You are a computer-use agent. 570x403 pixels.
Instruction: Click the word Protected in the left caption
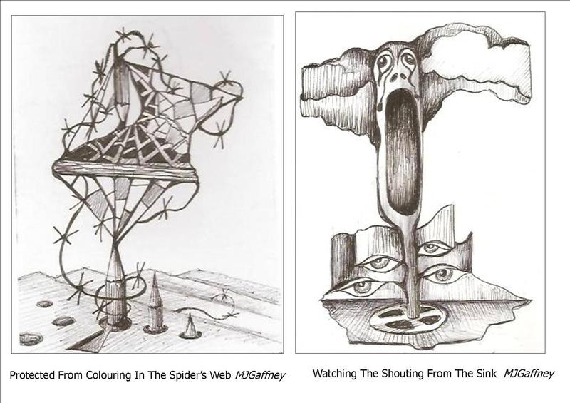pyautogui.click(x=32, y=375)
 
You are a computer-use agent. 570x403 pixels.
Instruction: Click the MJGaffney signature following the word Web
pyautogui.click(x=259, y=376)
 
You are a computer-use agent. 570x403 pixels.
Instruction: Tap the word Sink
pyautogui.click(x=487, y=374)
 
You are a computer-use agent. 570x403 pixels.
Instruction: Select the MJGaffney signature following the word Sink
pyautogui.click(x=529, y=374)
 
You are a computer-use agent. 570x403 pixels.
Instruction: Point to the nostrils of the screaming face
pyautogui.click(x=398, y=76)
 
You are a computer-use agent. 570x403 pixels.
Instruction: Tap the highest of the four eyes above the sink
pyautogui.click(x=432, y=248)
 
